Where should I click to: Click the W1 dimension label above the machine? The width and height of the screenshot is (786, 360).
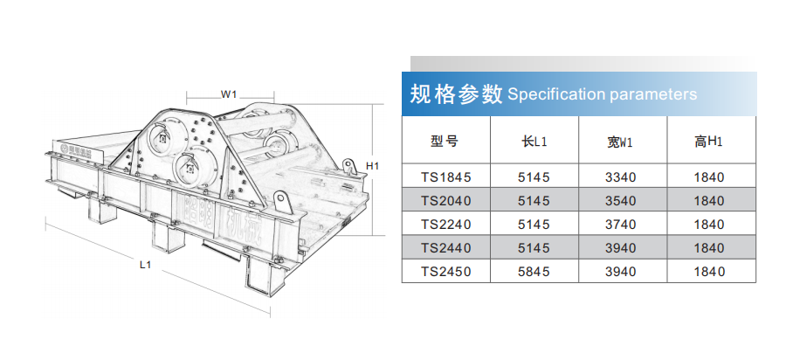pos(229,93)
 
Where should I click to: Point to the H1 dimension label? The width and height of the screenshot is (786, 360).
pos(372,166)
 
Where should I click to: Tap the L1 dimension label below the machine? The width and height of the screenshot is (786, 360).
pos(145,266)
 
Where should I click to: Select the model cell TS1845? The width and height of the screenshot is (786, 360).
pos(446,177)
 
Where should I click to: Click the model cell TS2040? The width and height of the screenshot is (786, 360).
pos(446,201)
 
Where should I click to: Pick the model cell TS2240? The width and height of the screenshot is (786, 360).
pos(446,224)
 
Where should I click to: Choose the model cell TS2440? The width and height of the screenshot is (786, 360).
pos(446,247)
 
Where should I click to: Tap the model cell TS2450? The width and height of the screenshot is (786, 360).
pos(446,271)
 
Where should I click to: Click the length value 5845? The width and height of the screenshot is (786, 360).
pos(534,271)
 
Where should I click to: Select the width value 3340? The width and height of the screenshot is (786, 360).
pos(621,177)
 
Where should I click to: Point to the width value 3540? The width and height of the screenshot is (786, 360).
pos(621,201)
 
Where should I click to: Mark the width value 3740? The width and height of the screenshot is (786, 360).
pos(621,224)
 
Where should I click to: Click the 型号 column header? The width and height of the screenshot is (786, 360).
pos(445,142)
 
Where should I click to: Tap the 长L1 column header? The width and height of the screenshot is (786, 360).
pos(534,142)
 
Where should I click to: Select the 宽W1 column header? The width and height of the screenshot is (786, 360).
pos(621,142)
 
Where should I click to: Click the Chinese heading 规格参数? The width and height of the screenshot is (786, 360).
pos(456,93)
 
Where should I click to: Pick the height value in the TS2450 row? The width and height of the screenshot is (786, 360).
pos(709,271)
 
